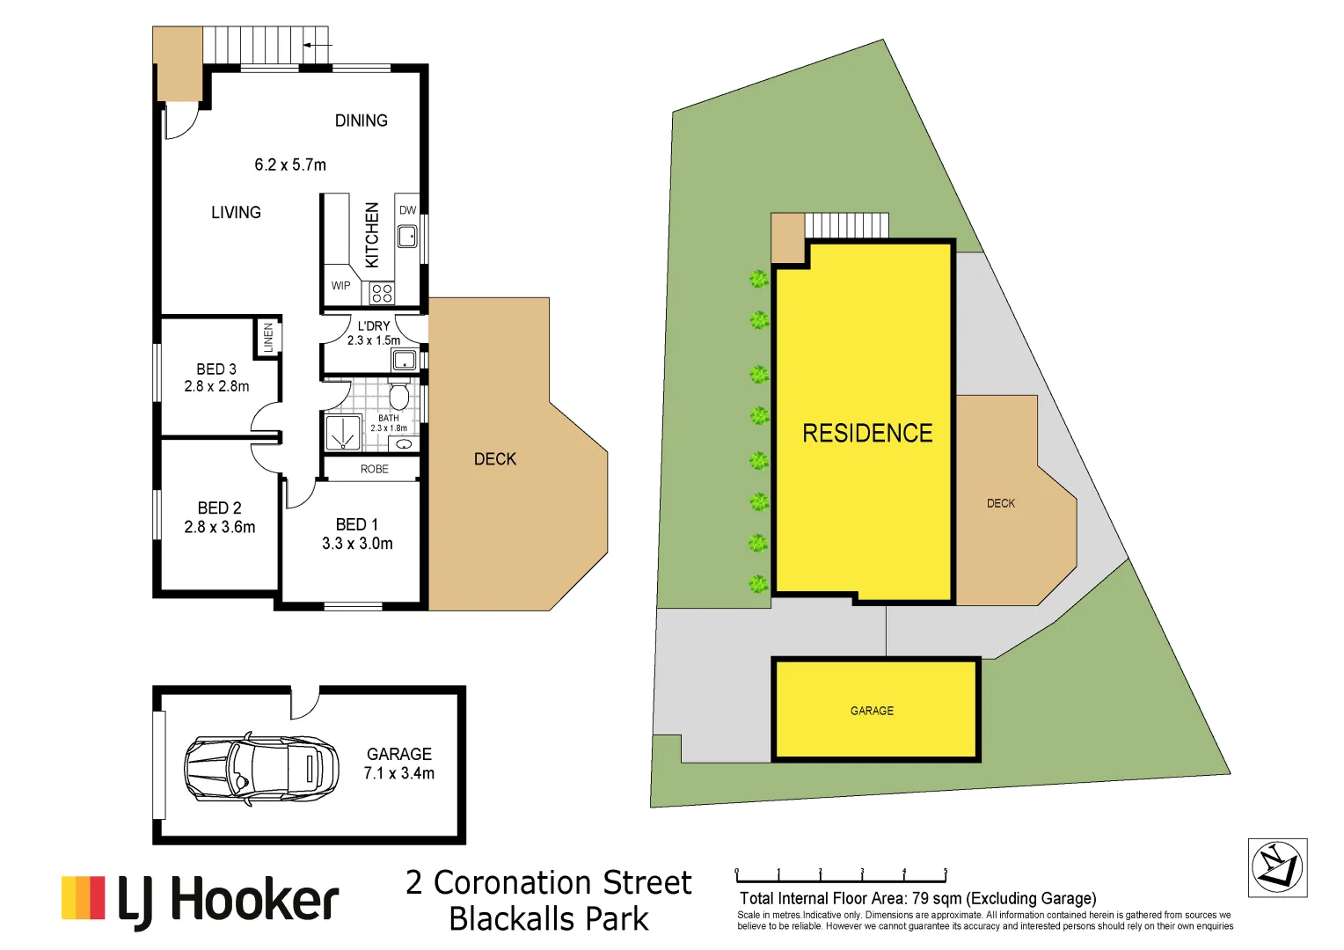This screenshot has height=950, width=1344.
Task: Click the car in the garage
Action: click(261, 768)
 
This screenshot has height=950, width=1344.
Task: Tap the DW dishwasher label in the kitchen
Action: click(407, 210)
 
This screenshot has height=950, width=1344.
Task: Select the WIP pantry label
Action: click(340, 286)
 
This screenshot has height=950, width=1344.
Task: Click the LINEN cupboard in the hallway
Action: click(268, 338)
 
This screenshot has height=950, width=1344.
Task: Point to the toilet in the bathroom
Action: click(399, 395)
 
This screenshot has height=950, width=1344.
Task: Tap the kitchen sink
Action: click(407, 236)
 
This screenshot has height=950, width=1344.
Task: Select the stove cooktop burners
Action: click(382, 293)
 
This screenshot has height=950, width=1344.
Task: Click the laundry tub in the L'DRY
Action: click(404, 359)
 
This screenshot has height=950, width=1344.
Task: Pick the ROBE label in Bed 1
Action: click(374, 469)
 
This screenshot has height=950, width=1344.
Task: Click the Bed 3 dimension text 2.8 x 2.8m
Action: click(216, 386)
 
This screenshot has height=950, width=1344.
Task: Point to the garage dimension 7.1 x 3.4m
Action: click(399, 773)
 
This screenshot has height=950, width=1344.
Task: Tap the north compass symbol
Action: click(1277, 867)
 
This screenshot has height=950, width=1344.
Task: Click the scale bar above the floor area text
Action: click(841, 877)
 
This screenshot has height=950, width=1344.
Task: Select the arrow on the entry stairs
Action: click(318, 45)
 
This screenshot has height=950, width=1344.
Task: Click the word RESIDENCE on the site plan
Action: click(867, 433)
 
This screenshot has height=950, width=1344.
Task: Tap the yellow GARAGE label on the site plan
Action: click(872, 711)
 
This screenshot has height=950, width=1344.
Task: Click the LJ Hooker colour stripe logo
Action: click(84, 898)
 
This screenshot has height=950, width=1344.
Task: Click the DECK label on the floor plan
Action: click(495, 459)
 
